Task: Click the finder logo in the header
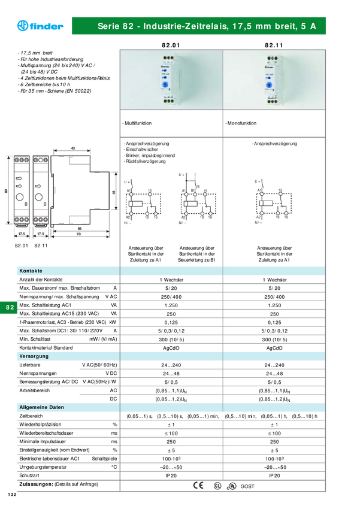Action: pos(40,26)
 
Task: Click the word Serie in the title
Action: pos(108,27)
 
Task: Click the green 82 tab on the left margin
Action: pos(10,307)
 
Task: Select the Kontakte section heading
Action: pos(31,271)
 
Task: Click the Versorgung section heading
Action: pos(34,356)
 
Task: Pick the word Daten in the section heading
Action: pos(58,407)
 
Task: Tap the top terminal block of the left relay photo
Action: pos(168,59)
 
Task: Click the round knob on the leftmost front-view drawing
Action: pos(20,196)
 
